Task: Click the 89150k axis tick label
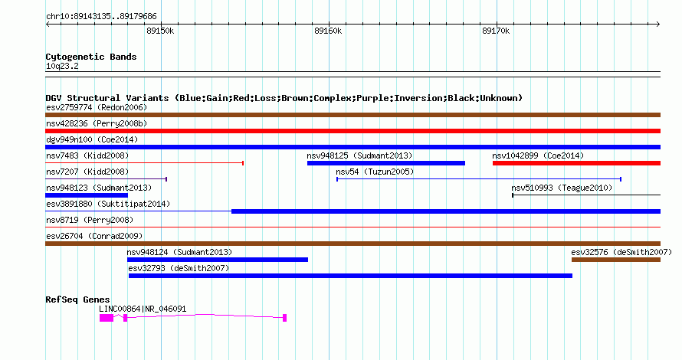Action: click(x=160, y=31)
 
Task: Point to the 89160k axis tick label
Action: click(x=328, y=31)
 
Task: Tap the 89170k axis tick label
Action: click(x=496, y=31)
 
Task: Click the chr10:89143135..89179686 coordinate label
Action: click(x=101, y=17)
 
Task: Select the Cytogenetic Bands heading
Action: click(x=91, y=57)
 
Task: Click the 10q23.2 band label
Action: click(x=62, y=66)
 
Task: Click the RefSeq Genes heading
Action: click(x=77, y=299)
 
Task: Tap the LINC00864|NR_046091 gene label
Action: click(x=143, y=309)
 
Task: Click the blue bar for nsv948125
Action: click(x=386, y=163)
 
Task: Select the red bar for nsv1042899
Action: click(x=576, y=163)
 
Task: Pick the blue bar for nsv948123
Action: click(x=87, y=195)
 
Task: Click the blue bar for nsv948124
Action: click(x=218, y=260)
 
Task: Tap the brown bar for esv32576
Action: click(x=616, y=260)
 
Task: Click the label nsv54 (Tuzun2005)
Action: click(x=375, y=172)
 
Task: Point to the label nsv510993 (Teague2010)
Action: click(x=562, y=188)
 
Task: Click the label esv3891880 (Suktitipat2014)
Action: click(x=108, y=204)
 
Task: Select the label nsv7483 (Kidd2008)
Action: click(x=87, y=155)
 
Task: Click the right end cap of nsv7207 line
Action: click(x=166, y=179)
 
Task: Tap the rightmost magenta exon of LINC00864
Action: click(x=285, y=318)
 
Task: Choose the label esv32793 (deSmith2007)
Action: click(x=179, y=268)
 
